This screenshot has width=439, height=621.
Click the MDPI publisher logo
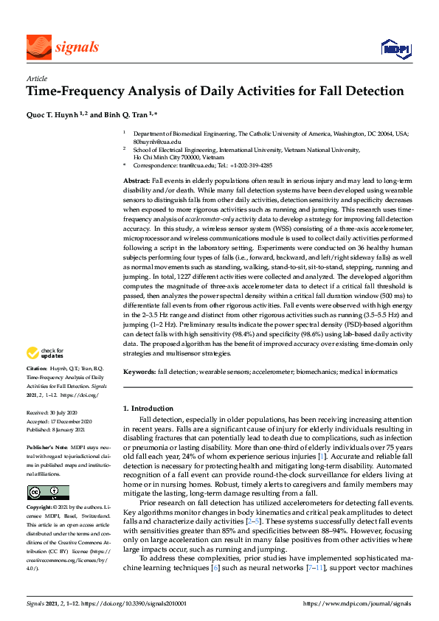click(395, 49)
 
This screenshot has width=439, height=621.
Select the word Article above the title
click(36, 78)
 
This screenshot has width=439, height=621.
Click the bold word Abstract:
click(136, 181)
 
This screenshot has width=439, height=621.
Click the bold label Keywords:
click(139, 372)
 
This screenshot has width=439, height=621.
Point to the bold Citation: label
click(38, 367)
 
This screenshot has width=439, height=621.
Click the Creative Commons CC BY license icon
click(48, 492)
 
